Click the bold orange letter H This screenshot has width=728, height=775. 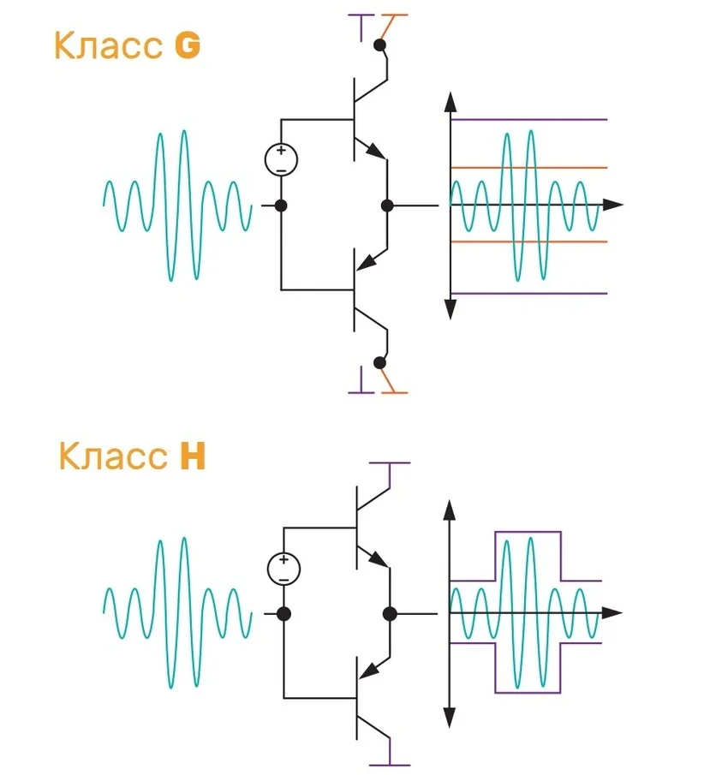pyautogui.click(x=193, y=457)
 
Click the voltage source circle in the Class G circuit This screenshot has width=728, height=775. pyautogui.click(x=281, y=159)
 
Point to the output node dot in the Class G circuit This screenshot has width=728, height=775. pyautogui.click(x=387, y=206)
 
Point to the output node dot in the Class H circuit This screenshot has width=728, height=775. pyautogui.click(x=391, y=613)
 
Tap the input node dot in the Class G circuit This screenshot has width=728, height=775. pyautogui.click(x=280, y=206)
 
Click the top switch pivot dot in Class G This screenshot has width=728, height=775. pyautogui.click(x=379, y=44)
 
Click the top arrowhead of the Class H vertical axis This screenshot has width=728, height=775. pyautogui.click(x=447, y=512)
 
